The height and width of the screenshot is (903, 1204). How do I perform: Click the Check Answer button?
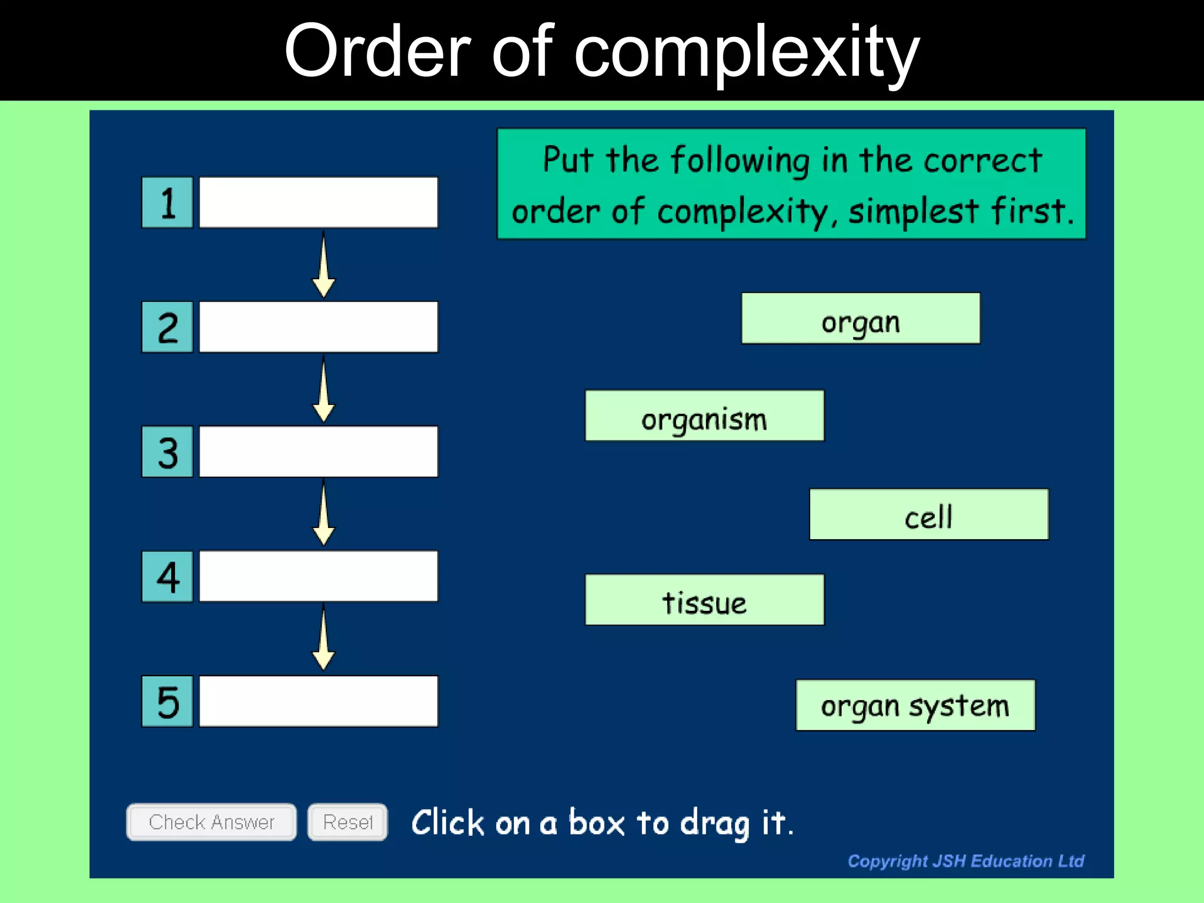[211, 822]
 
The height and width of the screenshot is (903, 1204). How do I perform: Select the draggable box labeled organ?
[861, 319]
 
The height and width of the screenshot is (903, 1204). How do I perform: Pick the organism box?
[704, 416]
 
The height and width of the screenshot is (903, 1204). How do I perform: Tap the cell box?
[929, 514]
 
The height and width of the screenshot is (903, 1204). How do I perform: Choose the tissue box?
[704, 600]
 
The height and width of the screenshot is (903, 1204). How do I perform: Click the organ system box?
[915, 705]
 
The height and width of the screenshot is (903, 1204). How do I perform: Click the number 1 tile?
[168, 203]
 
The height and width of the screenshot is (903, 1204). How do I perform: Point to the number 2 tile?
[168, 327]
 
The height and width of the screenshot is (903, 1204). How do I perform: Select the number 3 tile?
[168, 451]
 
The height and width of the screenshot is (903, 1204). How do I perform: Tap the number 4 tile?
[168, 577]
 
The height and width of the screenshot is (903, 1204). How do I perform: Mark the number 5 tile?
[168, 701]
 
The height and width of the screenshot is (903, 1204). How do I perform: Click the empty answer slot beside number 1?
[319, 203]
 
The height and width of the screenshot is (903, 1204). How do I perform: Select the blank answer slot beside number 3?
[319, 451]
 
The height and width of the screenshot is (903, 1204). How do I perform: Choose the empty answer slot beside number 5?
[319, 701]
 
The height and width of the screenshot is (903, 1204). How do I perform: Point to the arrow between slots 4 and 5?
[323, 639]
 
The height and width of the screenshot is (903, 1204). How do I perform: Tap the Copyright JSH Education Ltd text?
[965, 861]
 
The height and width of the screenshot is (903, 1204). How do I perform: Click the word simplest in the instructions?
[913, 212]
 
